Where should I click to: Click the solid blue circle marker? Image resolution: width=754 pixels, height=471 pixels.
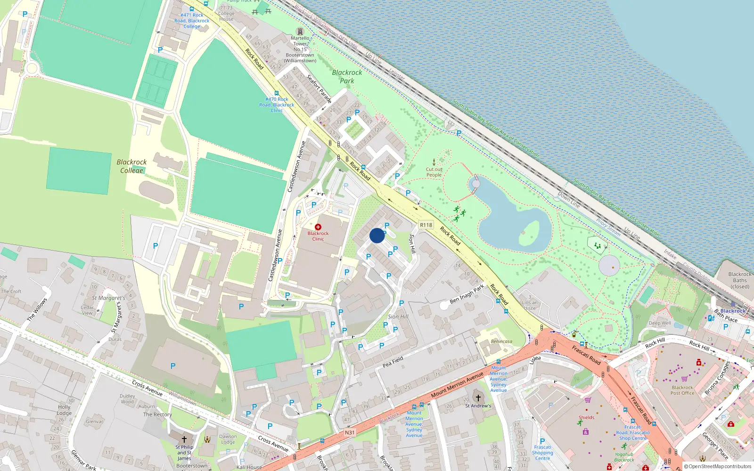[377, 235]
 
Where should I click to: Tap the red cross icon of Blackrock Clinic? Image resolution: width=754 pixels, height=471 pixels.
[318, 227]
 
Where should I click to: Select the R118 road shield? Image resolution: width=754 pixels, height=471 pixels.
[426, 225]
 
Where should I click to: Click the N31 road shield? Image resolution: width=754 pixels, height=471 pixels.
[349, 432]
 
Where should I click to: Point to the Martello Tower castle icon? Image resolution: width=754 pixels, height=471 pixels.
[300, 32]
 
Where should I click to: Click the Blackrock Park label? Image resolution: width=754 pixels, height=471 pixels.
[347, 76]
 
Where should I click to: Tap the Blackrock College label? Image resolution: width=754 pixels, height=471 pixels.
[131, 166]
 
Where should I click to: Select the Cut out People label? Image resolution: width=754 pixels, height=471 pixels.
[434, 172]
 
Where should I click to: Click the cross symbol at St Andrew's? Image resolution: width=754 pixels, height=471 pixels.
[478, 398]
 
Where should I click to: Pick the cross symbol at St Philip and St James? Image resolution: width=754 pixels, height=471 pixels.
[184, 439]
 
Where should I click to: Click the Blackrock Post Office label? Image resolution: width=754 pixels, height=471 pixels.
[682, 390]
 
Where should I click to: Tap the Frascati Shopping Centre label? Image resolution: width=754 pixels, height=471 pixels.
[542, 453]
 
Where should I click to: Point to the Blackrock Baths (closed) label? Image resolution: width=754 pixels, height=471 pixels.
[739, 280]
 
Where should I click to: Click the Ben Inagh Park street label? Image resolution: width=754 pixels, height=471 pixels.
[467, 294]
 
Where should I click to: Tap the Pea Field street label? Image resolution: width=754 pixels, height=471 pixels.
[393, 362]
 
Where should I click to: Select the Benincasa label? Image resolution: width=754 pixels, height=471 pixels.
[501, 341]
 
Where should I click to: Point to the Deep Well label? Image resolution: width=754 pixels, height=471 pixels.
[660, 323]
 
